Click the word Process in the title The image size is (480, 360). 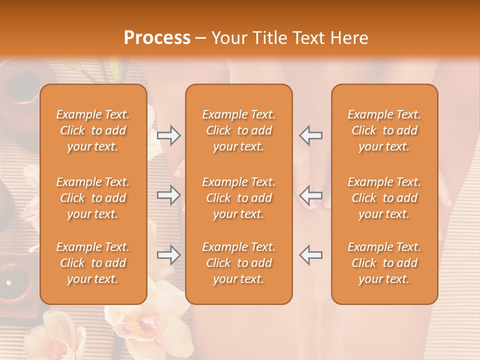pyautogui.click(x=157, y=38)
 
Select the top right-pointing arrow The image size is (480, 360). pyautogui.click(x=168, y=135)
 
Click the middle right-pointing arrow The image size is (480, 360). pyautogui.click(x=168, y=195)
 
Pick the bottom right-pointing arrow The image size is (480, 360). pyautogui.click(x=168, y=255)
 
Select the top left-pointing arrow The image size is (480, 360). pyautogui.click(x=311, y=135)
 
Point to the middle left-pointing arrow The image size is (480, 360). pyautogui.click(x=311, y=195)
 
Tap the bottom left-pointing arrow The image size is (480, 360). pyautogui.click(x=311, y=255)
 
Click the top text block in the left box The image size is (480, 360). pyautogui.click(x=93, y=130)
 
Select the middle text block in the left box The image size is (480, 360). pyautogui.click(x=93, y=198)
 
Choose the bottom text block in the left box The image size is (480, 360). pyautogui.click(x=93, y=263)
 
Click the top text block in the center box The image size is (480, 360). pyautogui.click(x=238, y=130)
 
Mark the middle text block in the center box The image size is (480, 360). pyautogui.click(x=238, y=198)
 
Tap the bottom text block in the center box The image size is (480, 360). pyautogui.click(x=238, y=263)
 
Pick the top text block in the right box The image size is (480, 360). pyautogui.click(x=384, y=130)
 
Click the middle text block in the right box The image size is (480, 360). pyautogui.click(x=384, y=198)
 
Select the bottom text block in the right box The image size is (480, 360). pyautogui.click(x=384, y=263)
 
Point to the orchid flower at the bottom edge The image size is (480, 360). pyautogui.click(x=145, y=325)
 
